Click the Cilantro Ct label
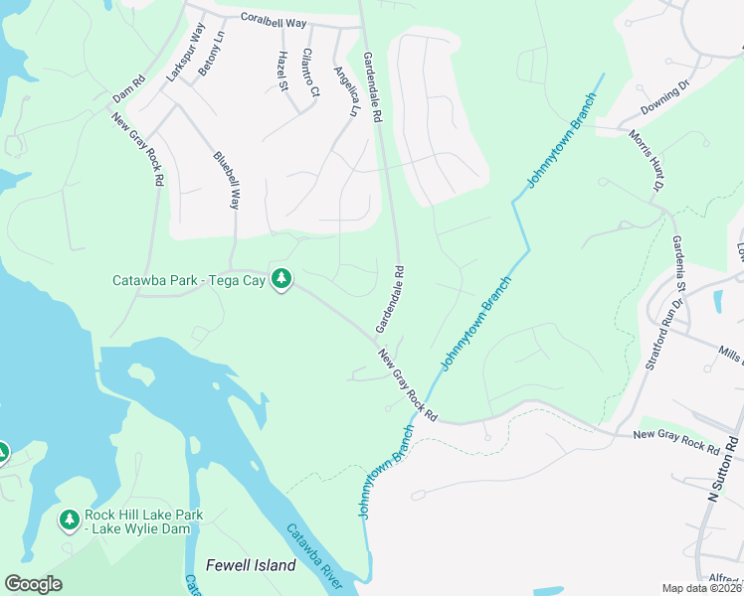point(310,73)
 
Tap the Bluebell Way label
point(227,180)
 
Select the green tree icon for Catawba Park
point(282,280)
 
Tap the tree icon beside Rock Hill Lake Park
point(69,520)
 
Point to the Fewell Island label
point(251,565)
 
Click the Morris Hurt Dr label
point(646,159)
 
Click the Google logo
point(34,584)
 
